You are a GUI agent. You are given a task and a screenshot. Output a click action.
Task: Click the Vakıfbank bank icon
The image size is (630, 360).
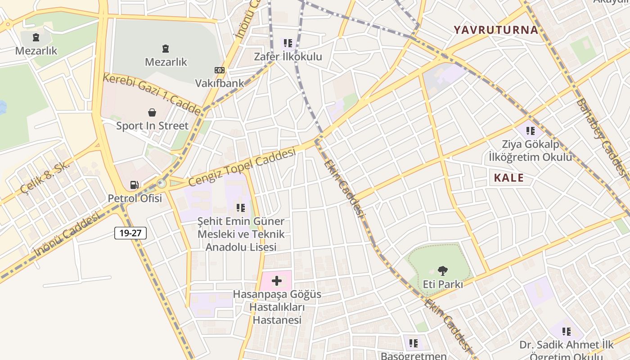220,70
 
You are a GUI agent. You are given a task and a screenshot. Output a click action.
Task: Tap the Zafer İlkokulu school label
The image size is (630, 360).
288,57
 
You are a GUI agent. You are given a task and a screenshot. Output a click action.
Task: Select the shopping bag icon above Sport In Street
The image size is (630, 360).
152,112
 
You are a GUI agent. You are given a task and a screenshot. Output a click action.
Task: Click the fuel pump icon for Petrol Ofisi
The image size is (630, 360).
134,184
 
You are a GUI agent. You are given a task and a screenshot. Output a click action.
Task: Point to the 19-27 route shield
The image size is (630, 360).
130,233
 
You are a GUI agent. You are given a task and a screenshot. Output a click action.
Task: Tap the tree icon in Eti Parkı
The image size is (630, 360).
443,270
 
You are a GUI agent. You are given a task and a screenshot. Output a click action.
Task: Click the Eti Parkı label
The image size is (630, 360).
443,284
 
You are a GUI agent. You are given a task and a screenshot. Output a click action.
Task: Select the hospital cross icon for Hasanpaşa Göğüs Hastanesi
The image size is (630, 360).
277,281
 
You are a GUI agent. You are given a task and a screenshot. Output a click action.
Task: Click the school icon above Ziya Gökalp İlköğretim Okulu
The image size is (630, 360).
531,131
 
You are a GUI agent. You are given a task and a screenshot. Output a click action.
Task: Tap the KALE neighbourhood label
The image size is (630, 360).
509,178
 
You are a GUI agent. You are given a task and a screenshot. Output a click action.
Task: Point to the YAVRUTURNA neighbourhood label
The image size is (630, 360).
495,30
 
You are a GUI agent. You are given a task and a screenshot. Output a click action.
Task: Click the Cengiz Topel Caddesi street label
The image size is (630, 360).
242,167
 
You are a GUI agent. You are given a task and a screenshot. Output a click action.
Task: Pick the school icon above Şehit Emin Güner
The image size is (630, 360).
241,208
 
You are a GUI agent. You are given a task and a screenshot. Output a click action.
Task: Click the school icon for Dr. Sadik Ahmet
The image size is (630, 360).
566,332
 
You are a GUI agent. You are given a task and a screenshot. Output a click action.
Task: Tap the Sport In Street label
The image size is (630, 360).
152,126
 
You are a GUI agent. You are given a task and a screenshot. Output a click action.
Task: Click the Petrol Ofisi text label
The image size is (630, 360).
135,198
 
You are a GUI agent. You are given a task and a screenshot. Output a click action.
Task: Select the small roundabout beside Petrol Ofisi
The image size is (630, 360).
162,183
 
